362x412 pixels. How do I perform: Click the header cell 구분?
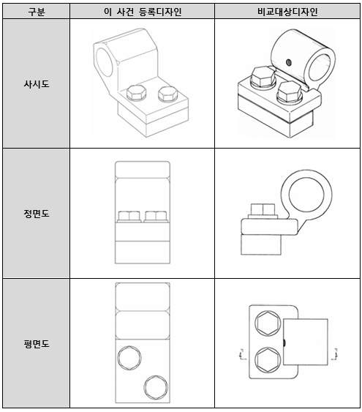(x=37, y=12)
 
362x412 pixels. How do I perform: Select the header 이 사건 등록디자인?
(x=143, y=12)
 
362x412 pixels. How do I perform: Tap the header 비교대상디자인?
(x=287, y=12)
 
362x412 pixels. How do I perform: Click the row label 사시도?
(x=37, y=84)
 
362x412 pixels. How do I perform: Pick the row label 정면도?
(x=37, y=214)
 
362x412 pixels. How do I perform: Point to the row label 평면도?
(x=37, y=343)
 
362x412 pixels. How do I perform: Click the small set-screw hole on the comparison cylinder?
(x=288, y=62)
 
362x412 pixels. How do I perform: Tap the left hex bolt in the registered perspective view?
(x=136, y=93)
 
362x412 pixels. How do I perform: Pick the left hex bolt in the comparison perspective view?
(x=263, y=77)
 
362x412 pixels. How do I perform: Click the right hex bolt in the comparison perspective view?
(x=290, y=91)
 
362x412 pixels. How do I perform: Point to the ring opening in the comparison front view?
(x=306, y=195)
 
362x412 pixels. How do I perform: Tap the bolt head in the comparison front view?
(x=263, y=210)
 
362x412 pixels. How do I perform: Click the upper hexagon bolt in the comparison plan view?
(x=268, y=323)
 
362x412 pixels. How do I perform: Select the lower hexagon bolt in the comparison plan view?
(x=268, y=359)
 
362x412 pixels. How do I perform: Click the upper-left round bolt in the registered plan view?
(x=129, y=358)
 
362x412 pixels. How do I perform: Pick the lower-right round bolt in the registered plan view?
(x=156, y=388)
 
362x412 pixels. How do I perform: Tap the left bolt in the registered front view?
(x=129, y=217)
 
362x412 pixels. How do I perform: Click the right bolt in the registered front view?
(x=157, y=217)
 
